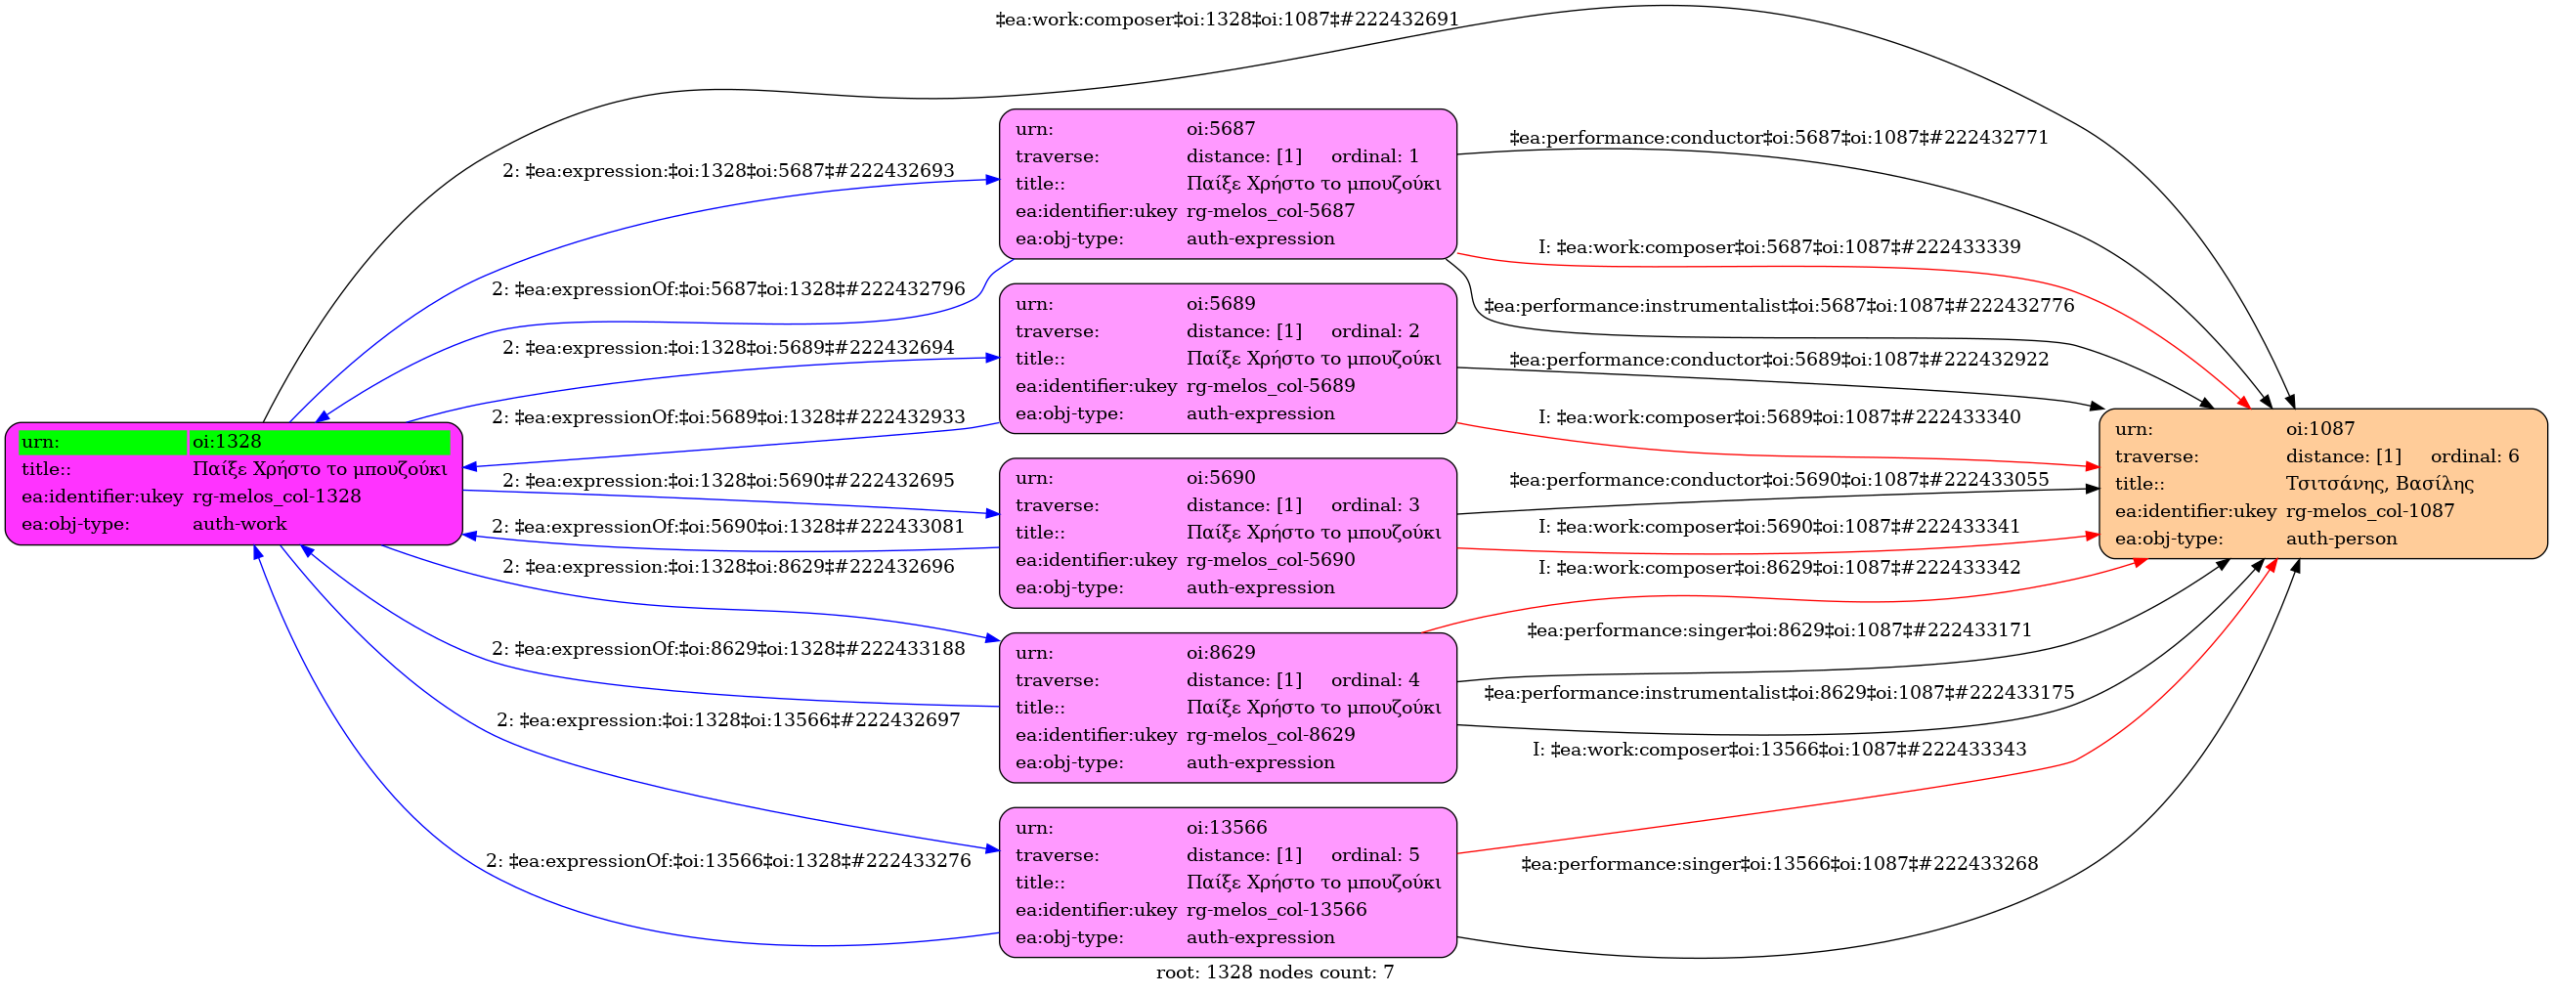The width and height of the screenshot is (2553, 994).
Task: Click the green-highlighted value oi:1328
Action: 227,442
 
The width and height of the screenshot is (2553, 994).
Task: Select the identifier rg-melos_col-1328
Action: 277,497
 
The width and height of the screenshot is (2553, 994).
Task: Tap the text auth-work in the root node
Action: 238,524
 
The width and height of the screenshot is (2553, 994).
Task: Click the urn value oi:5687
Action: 1220,129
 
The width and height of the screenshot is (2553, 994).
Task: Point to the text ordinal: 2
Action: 1374,331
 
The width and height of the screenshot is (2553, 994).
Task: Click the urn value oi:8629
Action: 1220,653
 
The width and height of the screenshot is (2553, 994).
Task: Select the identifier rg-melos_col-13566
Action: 1276,910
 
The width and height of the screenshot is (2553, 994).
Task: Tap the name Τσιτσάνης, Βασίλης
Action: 2379,484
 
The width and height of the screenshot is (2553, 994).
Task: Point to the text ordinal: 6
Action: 2474,456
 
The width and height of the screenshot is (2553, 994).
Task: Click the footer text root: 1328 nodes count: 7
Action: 1275,973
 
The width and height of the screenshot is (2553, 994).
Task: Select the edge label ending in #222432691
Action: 1227,20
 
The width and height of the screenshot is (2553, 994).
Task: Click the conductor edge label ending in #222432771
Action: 1778,138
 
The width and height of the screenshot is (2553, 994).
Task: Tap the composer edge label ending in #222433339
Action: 1779,246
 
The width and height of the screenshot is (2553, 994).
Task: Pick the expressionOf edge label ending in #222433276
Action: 728,861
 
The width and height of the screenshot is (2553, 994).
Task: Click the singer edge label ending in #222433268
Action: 1779,864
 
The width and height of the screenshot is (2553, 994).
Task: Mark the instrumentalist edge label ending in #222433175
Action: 1778,693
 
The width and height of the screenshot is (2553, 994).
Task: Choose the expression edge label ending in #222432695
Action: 728,481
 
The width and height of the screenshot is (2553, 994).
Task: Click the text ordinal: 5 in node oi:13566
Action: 1374,855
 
